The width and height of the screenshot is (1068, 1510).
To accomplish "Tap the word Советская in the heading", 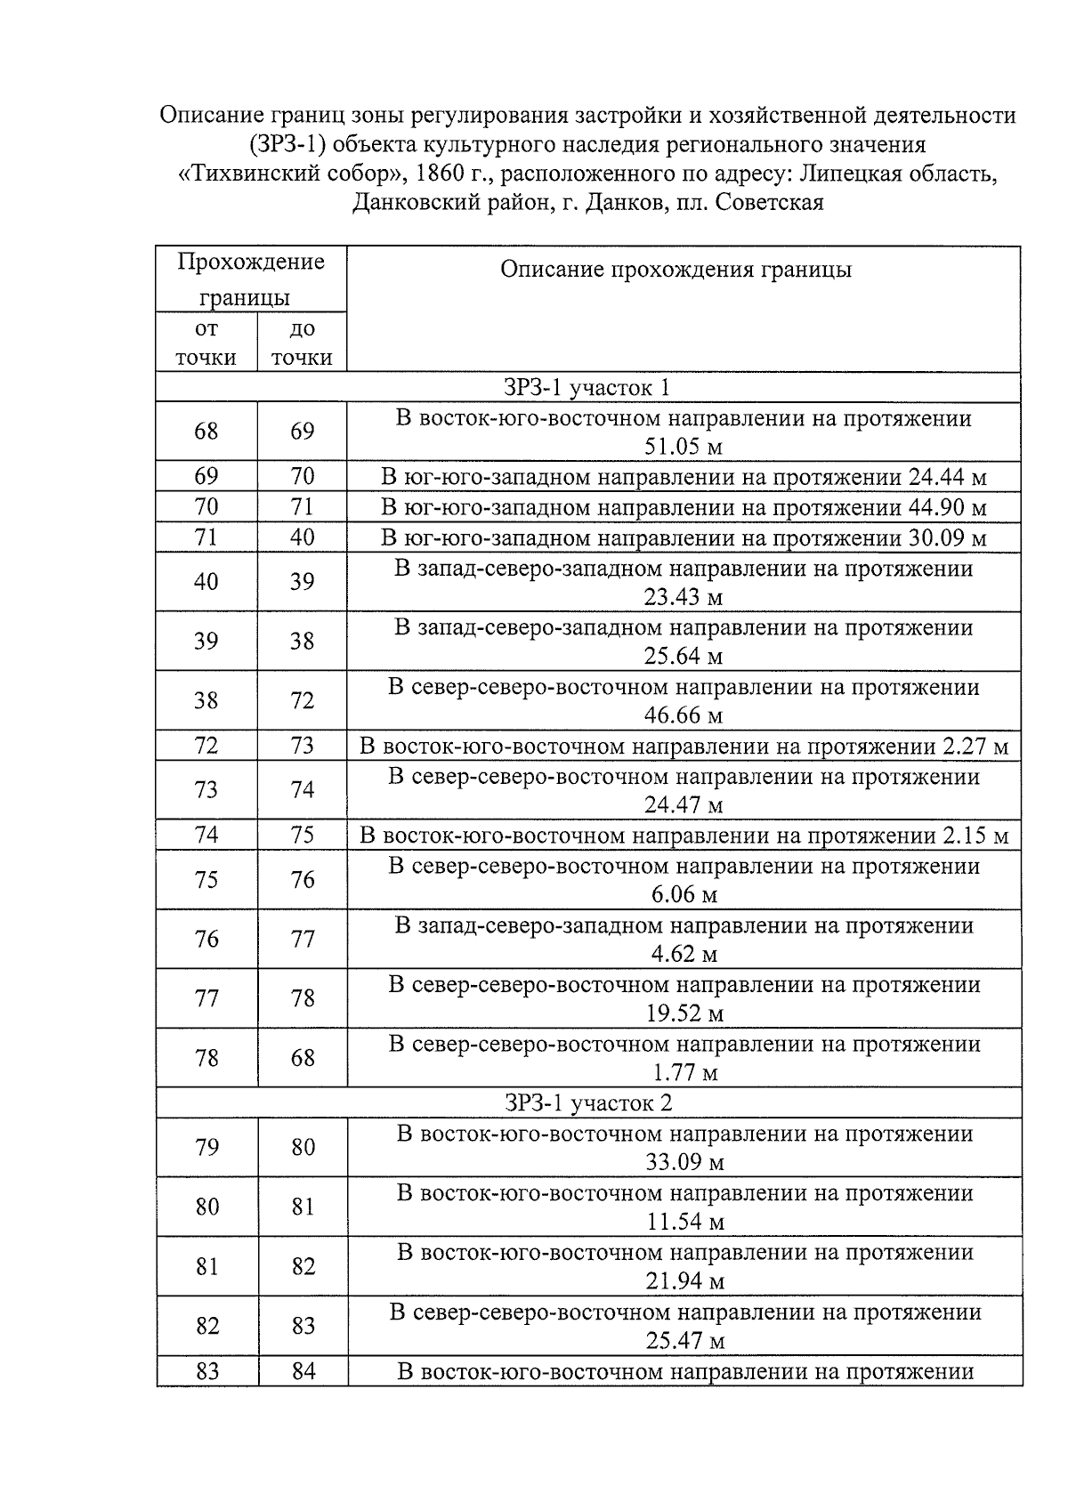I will [x=770, y=203].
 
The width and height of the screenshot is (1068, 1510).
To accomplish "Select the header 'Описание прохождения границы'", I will [x=676, y=270].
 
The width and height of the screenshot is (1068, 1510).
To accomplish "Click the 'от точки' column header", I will [x=206, y=343].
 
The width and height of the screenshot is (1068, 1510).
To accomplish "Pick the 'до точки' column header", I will [x=302, y=343].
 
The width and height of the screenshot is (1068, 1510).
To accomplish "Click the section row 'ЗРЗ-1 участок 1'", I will [x=587, y=388].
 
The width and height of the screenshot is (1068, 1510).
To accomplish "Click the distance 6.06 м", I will [x=684, y=894].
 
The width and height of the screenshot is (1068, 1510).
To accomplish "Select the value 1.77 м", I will [x=684, y=1073].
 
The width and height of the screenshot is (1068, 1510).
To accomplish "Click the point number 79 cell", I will [x=206, y=1148].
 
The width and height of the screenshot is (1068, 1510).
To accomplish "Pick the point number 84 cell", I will [x=303, y=1372].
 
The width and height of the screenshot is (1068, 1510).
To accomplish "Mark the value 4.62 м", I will [x=684, y=954].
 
